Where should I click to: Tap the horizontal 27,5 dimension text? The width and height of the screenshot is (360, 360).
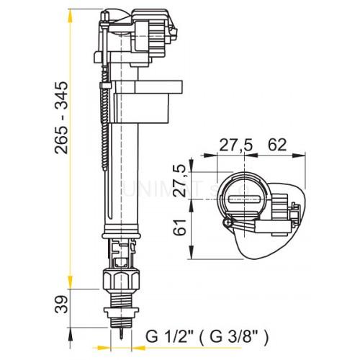pyautogui.click(x=235, y=145)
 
